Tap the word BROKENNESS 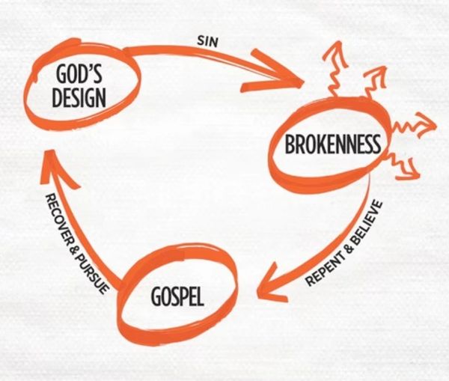(x=333, y=143)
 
